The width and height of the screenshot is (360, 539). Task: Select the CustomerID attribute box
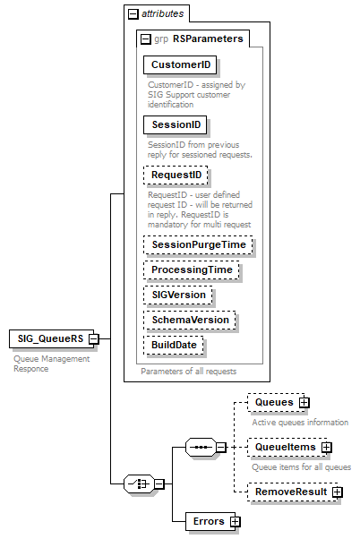pyautogui.click(x=180, y=65)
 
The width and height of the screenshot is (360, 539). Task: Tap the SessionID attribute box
pyautogui.click(x=176, y=124)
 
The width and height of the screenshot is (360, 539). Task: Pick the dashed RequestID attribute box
pyautogui.click(x=176, y=175)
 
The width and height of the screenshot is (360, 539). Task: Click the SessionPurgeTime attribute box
pyautogui.click(x=198, y=244)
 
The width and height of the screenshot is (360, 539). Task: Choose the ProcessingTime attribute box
pyautogui.click(x=192, y=269)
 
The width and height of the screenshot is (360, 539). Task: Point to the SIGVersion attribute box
pyautogui.click(x=179, y=295)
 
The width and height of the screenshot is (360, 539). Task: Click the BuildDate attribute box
pyautogui.click(x=175, y=345)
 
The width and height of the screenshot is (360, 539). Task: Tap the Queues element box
pyautogui.click(x=271, y=403)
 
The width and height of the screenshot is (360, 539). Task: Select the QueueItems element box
pyautogui.click(x=282, y=447)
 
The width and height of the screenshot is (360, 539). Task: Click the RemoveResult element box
pyautogui.click(x=287, y=492)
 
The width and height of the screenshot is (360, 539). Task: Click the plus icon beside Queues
pyautogui.click(x=304, y=403)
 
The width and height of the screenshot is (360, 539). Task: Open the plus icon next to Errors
pyautogui.click(x=236, y=520)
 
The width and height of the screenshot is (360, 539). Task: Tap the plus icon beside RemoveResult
pyautogui.click(x=338, y=492)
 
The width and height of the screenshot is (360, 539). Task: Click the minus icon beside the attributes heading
pyautogui.click(x=133, y=13)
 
